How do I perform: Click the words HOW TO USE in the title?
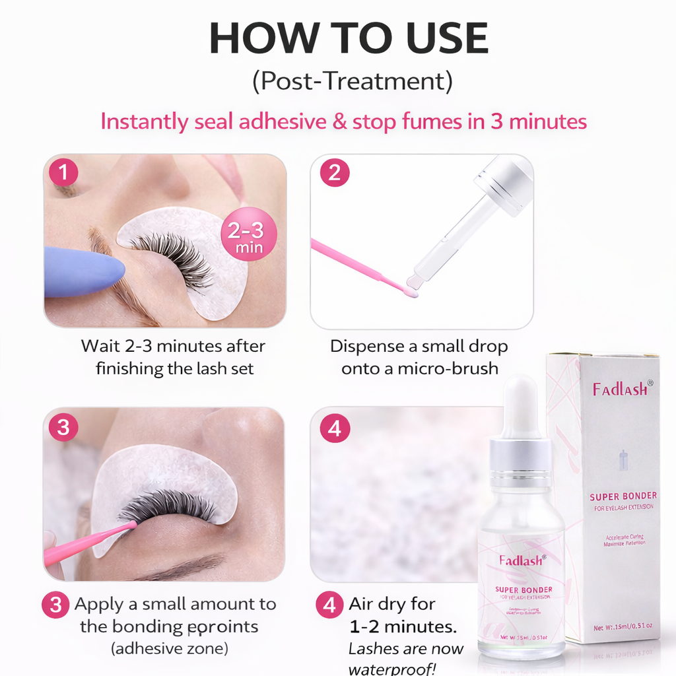[349, 40]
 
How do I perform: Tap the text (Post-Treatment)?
[352, 81]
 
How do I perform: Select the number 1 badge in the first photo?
[63, 172]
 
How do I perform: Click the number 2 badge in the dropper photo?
[334, 172]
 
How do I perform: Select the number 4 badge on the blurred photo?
[334, 428]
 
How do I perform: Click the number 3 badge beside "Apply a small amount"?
[56, 605]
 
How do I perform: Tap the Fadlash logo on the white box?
[619, 389]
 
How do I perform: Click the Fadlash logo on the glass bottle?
[522, 560]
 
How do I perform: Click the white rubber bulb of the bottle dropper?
[520, 399]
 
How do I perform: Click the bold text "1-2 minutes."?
[403, 626]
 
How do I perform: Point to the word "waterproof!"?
[392, 668]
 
